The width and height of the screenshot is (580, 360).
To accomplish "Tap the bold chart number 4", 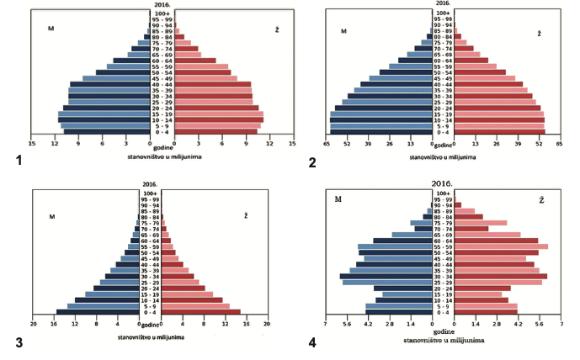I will pyautogui.click(x=313, y=344).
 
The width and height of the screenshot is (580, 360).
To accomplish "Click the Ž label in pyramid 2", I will pyautogui.click(x=540, y=33).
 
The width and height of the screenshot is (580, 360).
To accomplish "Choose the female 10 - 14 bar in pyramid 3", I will pyautogui.click(x=192, y=299).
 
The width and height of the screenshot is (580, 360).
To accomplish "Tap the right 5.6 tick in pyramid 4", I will pyautogui.click(x=539, y=323).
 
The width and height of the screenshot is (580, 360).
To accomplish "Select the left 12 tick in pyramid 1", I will pyautogui.click(x=55, y=143).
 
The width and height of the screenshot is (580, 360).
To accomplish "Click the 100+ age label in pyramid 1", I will pyautogui.click(x=162, y=13).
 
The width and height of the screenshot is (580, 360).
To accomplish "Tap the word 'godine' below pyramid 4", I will pyautogui.click(x=444, y=333).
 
